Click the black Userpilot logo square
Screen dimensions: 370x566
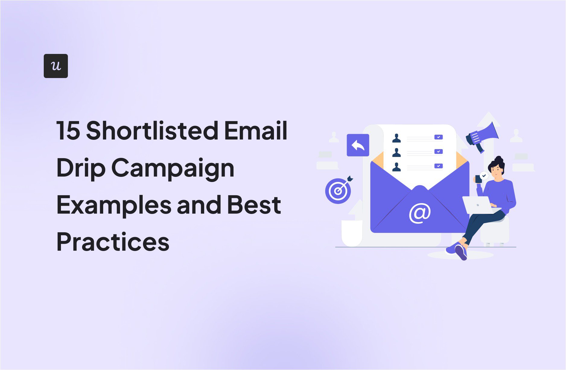pos(56,66)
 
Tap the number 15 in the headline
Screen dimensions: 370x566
pos(68,131)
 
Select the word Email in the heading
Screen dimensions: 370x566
pos(256,131)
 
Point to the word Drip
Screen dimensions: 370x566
pos(81,168)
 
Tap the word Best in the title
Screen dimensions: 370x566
pos(254,205)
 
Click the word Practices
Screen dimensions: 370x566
pos(113,242)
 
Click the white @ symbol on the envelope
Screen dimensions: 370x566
pos(420,213)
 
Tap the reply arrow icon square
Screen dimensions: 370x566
pos(358,145)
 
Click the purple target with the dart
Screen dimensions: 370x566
pos(338,190)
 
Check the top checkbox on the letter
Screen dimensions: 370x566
pos(438,137)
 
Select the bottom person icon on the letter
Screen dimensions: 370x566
pos(396,167)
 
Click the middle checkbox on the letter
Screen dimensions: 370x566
pos(438,152)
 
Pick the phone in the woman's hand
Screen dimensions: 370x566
pos(478,179)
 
